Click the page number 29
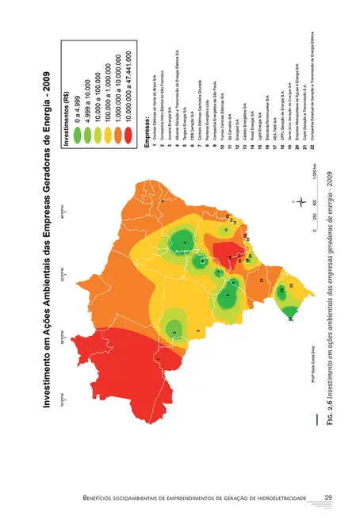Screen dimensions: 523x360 coord(327,498)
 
